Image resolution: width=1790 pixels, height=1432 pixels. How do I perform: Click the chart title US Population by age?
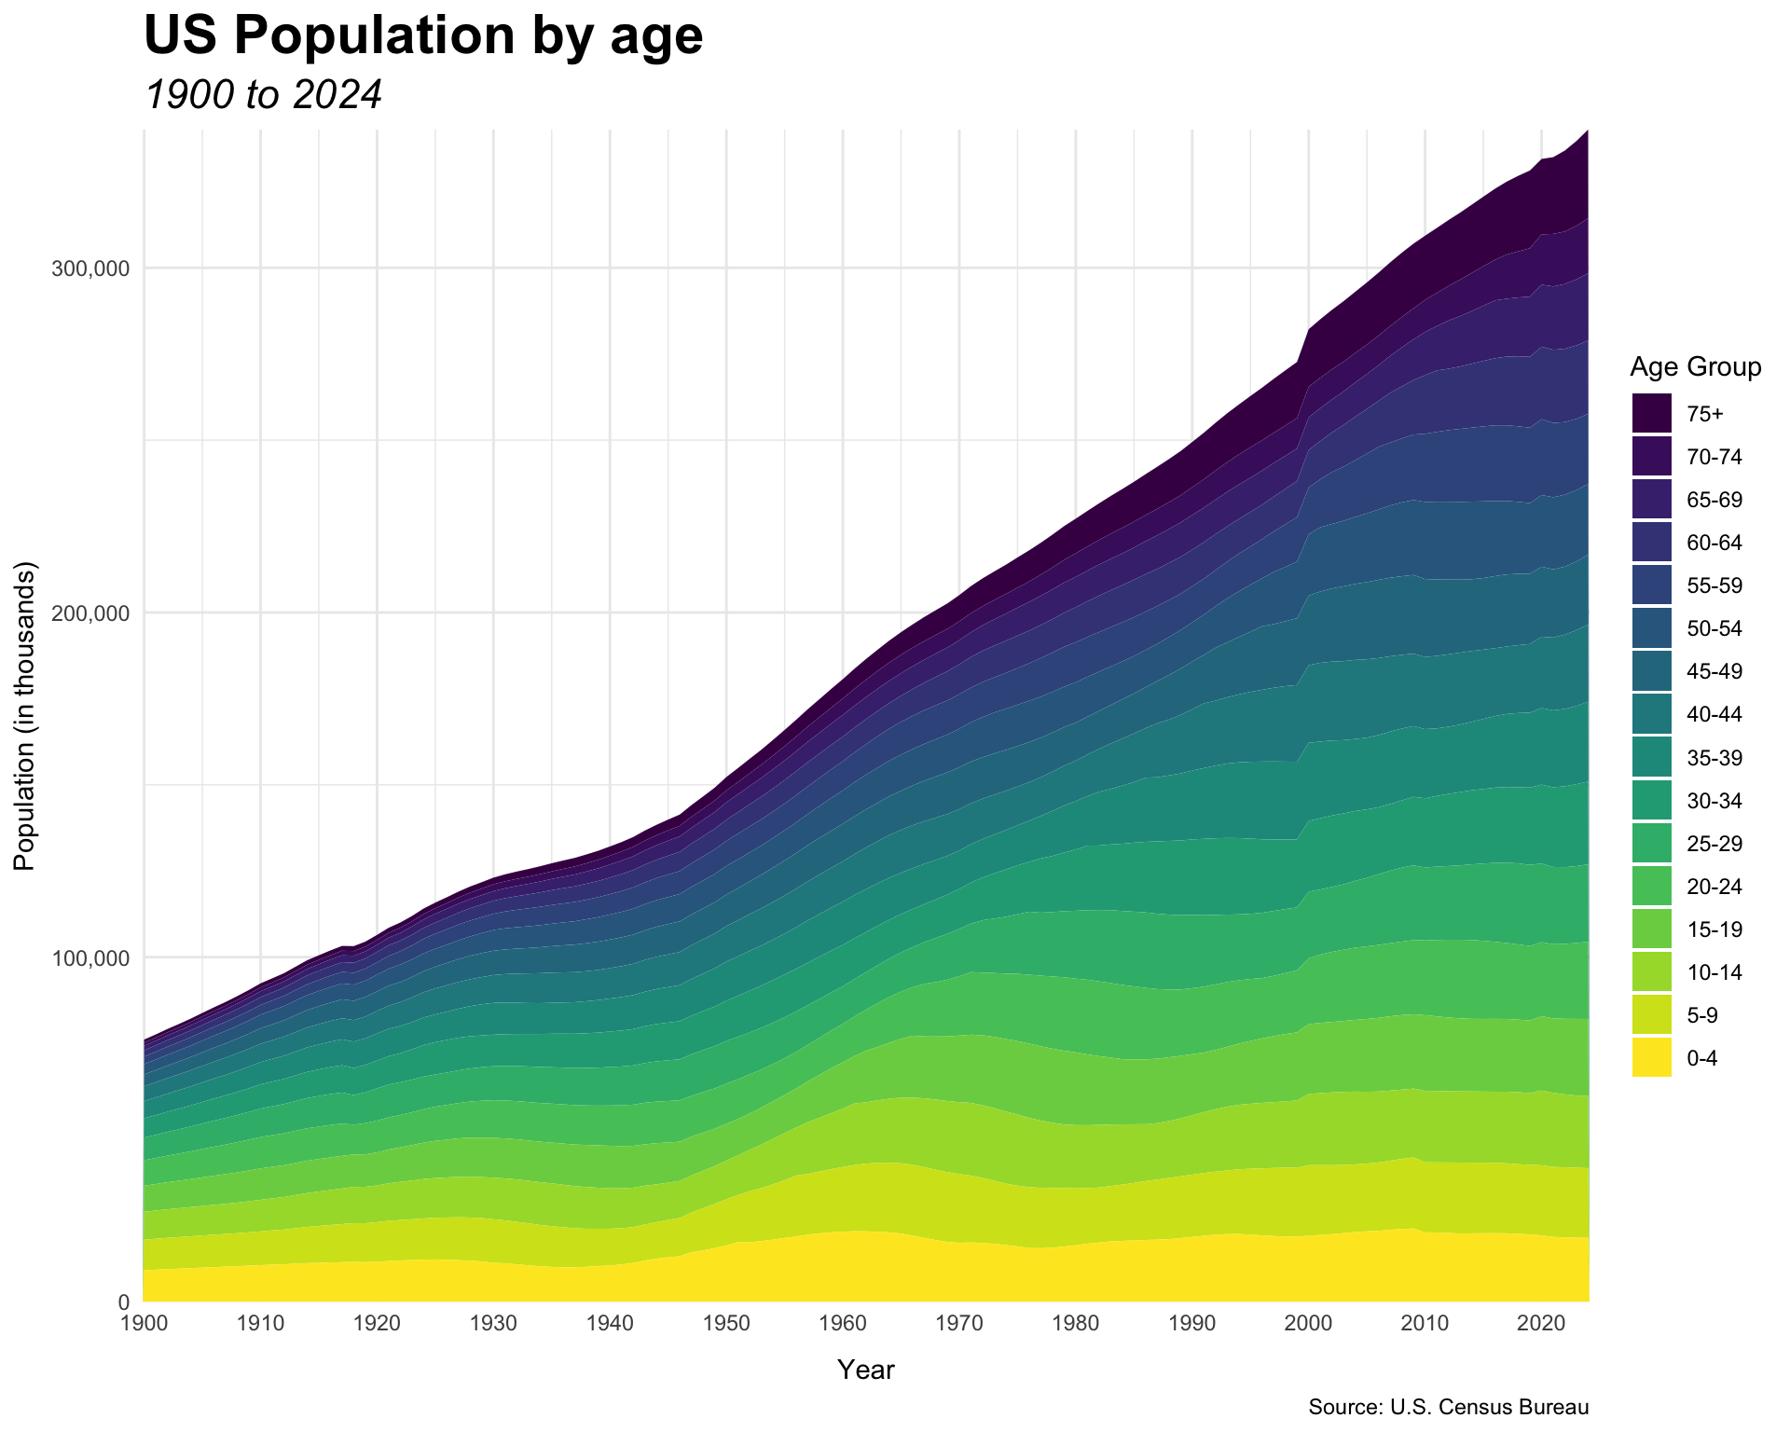[x=423, y=37]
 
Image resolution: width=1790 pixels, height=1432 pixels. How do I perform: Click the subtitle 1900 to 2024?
[x=264, y=95]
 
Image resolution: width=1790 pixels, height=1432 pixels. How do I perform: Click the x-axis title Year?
[x=865, y=1370]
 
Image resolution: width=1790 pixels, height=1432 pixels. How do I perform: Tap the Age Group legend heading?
[x=1696, y=368]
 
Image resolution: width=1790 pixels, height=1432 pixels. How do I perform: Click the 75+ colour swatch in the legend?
[x=1652, y=413]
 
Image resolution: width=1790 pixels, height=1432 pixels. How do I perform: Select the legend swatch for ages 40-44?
[x=1652, y=714]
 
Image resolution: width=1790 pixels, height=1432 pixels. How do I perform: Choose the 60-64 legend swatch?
[x=1652, y=543]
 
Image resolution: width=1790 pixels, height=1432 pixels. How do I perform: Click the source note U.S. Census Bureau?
[x=1448, y=1408]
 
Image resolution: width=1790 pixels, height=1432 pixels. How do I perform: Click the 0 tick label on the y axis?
[x=123, y=1301]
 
